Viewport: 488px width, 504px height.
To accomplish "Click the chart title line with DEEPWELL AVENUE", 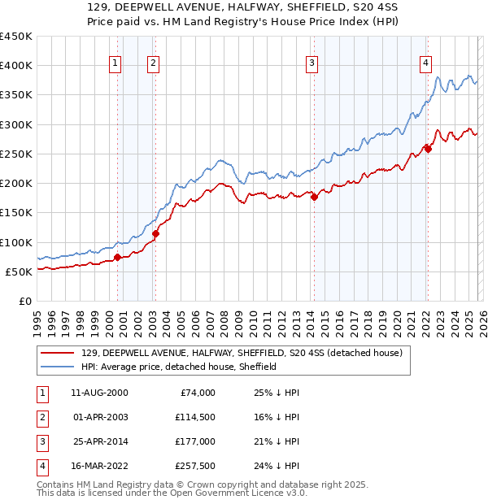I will point(243,7).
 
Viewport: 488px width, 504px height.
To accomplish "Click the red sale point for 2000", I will point(117,258).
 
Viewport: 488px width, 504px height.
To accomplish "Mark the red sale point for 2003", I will point(155,234).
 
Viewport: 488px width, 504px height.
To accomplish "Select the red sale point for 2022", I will point(428,149).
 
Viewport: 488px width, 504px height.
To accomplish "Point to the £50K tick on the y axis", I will point(18,272).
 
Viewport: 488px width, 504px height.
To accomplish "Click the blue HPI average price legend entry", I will point(179,367).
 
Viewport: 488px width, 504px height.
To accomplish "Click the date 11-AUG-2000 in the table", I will point(99,393).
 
